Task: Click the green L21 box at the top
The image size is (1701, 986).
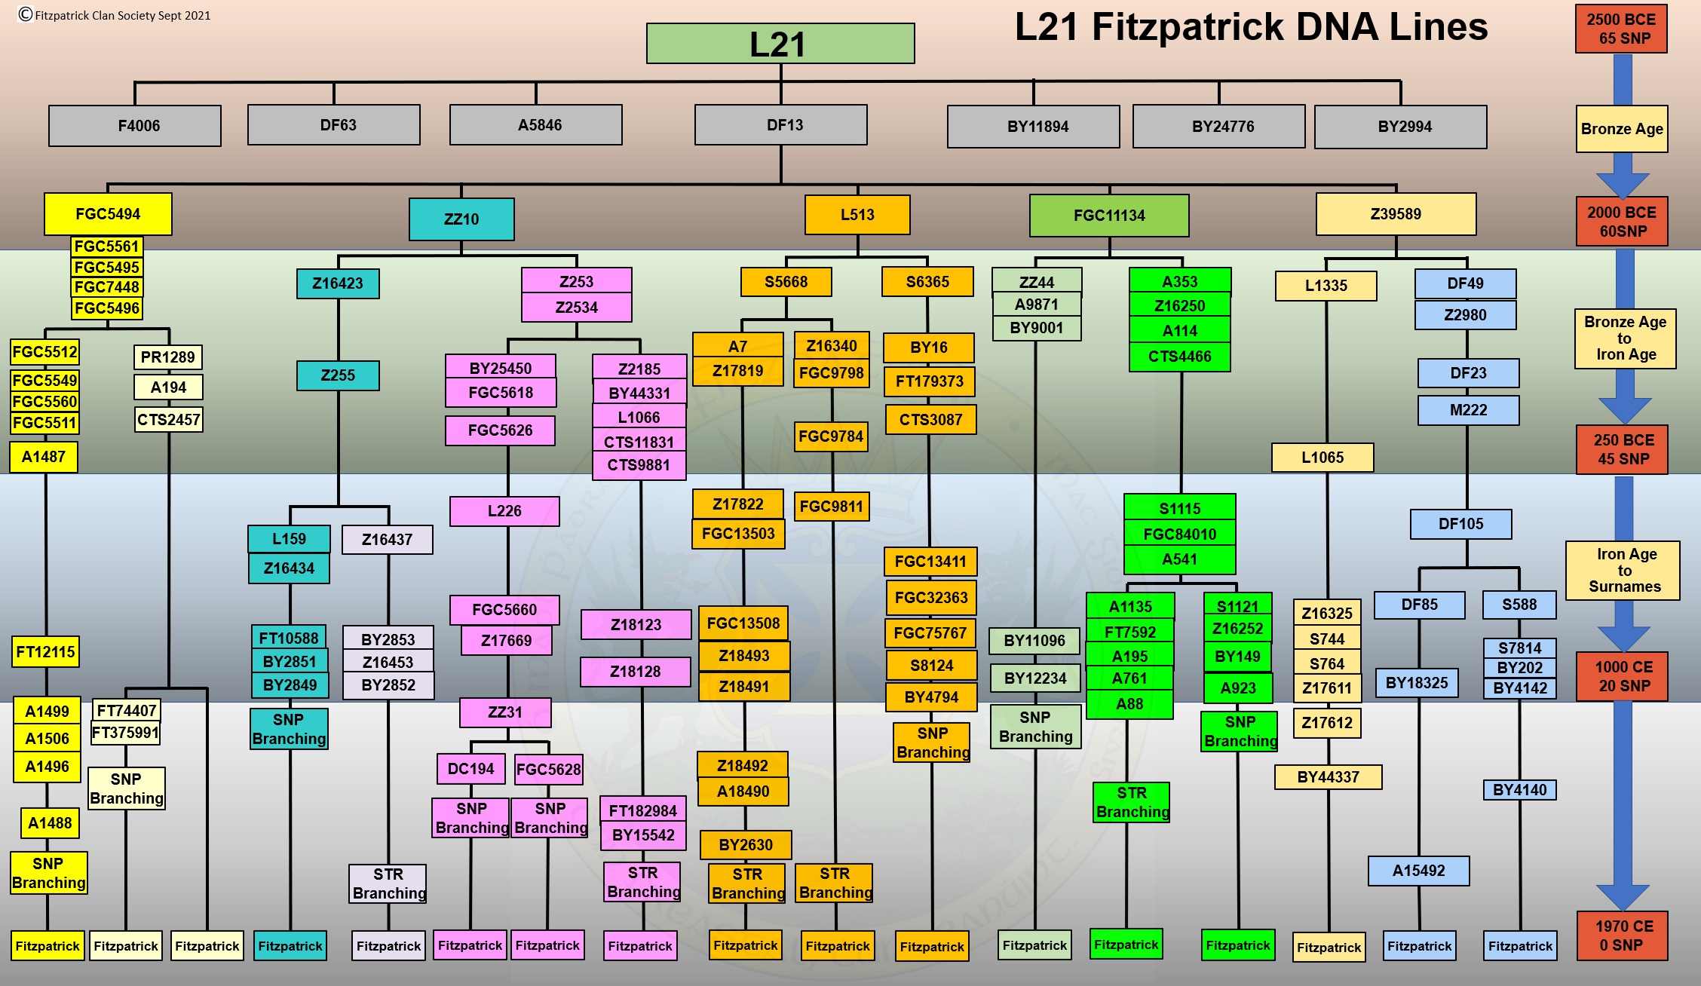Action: (x=780, y=44)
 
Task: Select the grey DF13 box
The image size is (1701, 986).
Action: (x=780, y=125)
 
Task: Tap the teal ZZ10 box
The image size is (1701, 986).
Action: (x=461, y=219)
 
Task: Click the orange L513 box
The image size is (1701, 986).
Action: (x=857, y=215)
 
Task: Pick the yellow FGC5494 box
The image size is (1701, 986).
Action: (x=108, y=214)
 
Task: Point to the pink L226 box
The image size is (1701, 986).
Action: (x=504, y=511)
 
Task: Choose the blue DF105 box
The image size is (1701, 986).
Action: (x=1460, y=524)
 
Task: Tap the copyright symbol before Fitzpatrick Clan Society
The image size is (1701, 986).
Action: (x=26, y=14)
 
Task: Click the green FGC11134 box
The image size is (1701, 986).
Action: (x=1109, y=216)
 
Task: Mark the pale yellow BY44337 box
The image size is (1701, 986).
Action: (x=1328, y=777)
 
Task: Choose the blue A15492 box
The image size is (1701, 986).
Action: (x=1418, y=871)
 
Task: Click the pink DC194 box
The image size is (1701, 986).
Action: (x=470, y=769)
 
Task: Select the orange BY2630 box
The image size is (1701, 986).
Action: (x=745, y=845)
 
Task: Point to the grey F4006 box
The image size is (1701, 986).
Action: (x=135, y=126)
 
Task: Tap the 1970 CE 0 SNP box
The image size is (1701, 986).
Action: (x=1622, y=935)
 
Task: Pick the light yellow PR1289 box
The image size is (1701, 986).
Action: (x=167, y=357)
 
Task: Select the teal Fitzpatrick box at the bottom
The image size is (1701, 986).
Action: (x=290, y=946)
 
